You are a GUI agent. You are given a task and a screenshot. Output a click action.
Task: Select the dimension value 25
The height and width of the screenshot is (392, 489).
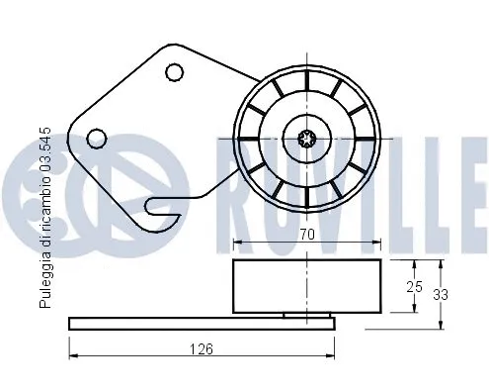(x=415, y=287)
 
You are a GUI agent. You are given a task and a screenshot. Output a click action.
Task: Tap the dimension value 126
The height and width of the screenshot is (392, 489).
(x=202, y=347)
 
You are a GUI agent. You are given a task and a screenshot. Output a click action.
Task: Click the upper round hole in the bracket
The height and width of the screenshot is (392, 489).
(x=175, y=71)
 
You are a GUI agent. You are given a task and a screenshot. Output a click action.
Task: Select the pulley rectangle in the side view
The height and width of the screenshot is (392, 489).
(x=306, y=286)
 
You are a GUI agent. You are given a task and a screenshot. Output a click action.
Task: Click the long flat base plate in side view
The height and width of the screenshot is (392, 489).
(x=202, y=323)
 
